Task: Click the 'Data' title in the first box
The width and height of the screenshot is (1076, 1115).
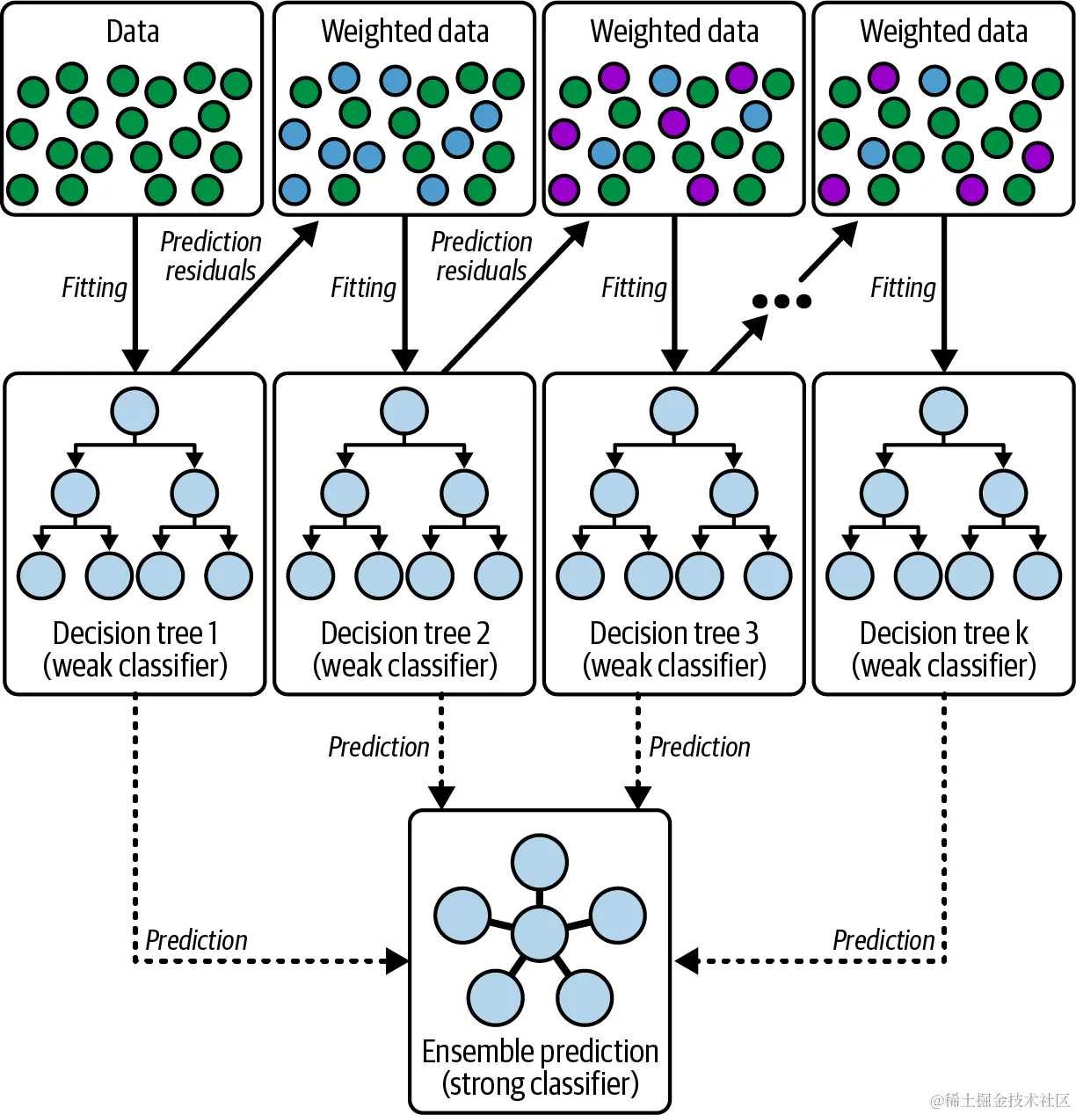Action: tap(133, 32)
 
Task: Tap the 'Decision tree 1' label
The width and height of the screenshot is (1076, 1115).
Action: tap(135, 634)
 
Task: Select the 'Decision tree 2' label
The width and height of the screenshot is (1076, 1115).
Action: tap(405, 634)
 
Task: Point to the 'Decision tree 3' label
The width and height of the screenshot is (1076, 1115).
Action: tap(674, 634)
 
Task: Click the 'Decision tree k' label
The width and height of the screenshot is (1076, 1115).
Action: tap(944, 634)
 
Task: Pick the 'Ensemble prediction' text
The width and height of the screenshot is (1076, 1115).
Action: tap(540, 1051)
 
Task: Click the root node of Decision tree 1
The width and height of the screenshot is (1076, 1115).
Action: tap(134, 410)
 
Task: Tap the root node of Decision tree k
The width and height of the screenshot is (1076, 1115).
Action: tap(943, 410)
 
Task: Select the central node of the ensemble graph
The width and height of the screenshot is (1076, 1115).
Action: tap(539, 933)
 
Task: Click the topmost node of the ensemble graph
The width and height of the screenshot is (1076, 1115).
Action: tap(540, 863)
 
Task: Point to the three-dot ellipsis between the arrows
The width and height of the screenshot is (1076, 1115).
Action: tap(782, 301)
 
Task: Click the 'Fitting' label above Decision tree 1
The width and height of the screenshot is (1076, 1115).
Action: tap(94, 287)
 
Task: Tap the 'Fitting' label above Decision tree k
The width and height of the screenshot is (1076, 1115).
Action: tap(903, 287)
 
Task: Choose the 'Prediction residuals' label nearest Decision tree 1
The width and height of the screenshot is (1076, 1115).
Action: tap(211, 256)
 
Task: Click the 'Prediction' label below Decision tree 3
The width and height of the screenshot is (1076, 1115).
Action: tap(700, 747)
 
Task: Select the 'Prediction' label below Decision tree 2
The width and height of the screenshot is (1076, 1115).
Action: tap(379, 747)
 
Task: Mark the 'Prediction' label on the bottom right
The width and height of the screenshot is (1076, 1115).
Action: tap(883, 940)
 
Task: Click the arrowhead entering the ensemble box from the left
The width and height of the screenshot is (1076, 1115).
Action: tap(398, 960)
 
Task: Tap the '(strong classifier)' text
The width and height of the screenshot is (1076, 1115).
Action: tap(540, 1083)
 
